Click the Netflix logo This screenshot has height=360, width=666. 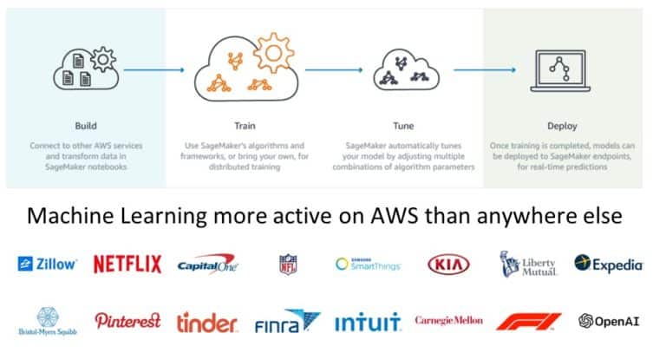point(127,264)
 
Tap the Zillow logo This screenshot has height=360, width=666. point(48,264)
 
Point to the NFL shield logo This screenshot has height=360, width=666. point(288,265)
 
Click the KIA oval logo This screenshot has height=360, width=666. point(448,264)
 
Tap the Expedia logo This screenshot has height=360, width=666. point(609,264)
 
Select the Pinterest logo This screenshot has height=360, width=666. point(127,321)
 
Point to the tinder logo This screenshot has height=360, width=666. point(207,323)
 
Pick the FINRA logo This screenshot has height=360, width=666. point(287,323)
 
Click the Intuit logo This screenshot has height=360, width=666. point(368,323)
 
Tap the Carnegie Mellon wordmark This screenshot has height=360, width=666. point(448,321)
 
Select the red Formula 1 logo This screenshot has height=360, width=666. point(528,322)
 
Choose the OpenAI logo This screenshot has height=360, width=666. point(610,322)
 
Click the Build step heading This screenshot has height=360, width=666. point(86,125)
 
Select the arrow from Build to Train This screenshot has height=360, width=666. point(154,69)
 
